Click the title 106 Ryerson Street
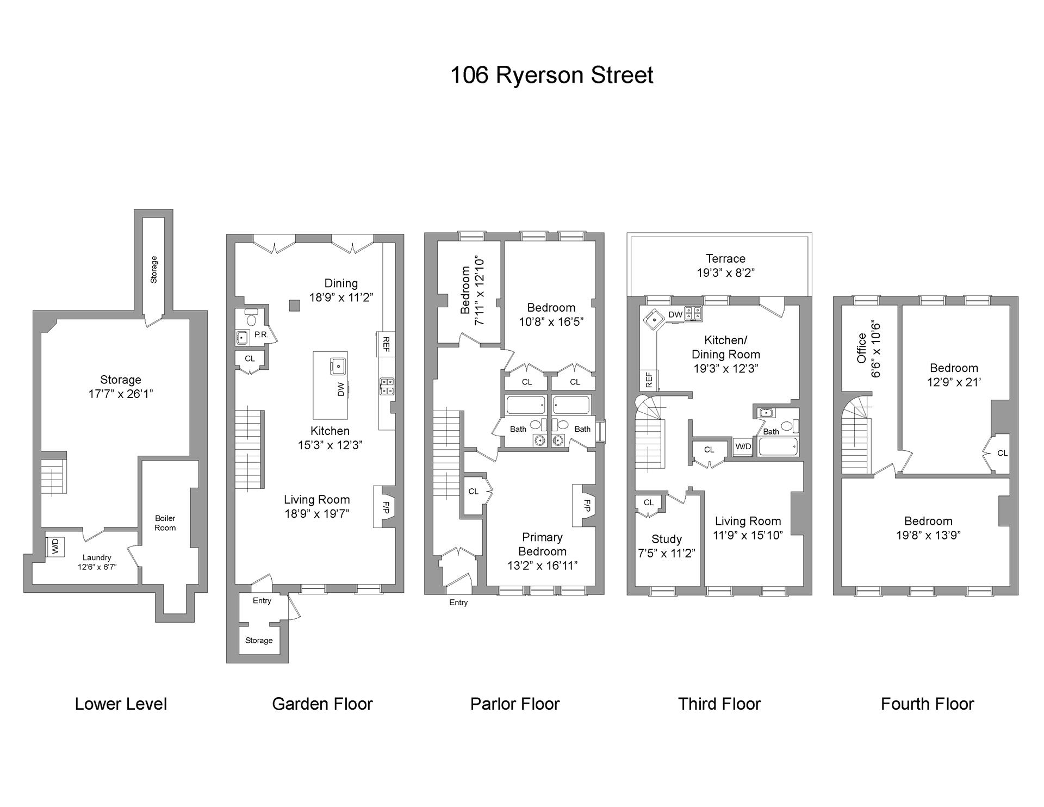551,75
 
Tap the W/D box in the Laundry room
55,546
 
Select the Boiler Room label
165,523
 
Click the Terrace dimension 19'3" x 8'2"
725,273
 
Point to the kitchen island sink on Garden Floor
338,366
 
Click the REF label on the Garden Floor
386,344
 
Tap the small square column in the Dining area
294,305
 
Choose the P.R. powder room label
262,335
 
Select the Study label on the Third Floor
666,539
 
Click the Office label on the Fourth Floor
861,349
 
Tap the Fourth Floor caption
927,704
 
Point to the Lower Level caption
121,704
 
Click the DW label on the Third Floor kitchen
675,315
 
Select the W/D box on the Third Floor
743,446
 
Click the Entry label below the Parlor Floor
458,603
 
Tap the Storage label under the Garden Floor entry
259,641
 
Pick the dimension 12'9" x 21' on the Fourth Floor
954,382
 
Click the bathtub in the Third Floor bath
779,447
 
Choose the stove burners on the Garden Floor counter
387,386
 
